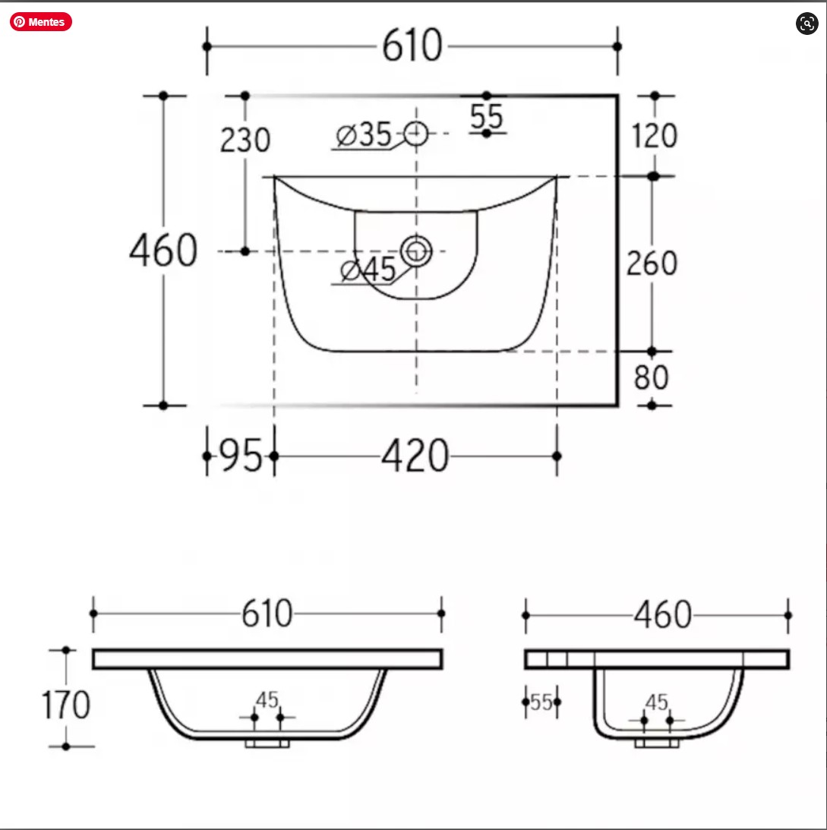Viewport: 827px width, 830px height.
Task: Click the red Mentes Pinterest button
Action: [x=41, y=22]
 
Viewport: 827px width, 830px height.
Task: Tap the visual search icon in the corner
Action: [x=806, y=24]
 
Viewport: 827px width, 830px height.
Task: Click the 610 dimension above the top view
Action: [x=412, y=46]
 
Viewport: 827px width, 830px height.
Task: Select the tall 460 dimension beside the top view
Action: [x=163, y=250]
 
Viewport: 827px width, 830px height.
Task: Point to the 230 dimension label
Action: [x=245, y=140]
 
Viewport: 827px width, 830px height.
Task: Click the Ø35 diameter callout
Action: [x=364, y=135]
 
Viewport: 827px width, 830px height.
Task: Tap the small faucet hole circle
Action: [x=415, y=134]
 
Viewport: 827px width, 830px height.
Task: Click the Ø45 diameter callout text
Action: [x=368, y=270]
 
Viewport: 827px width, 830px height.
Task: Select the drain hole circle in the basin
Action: [x=416, y=251]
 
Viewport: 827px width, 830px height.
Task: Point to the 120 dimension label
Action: [x=655, y=135]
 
